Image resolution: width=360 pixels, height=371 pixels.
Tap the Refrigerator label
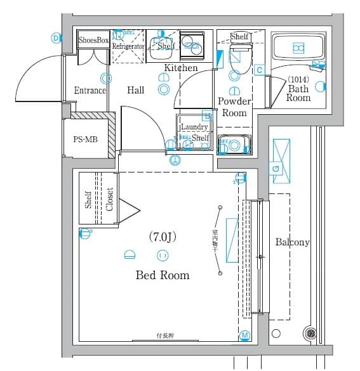(129, 47)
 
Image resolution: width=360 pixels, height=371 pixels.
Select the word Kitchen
(181, 68)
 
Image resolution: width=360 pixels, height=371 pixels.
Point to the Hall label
(135, 91)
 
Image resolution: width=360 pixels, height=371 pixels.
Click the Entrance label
(90, 91)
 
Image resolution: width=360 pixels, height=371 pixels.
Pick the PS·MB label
(85, 140)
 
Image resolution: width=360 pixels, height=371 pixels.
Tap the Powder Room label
(234, 107)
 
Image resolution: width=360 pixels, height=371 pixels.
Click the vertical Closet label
(109, 199)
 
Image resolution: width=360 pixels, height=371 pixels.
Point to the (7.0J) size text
(162, 237)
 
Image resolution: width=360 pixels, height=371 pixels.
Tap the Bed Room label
(162, 275)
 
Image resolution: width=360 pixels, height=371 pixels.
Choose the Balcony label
(292, 242)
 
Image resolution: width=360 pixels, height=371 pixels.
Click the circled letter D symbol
(56, 38)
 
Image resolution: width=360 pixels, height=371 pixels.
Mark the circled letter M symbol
(244, 335)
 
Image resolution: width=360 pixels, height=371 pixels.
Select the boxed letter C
(259, 70)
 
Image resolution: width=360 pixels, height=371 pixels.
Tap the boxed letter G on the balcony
(276, 168)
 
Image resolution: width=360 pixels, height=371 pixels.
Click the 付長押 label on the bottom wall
(166, 335)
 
